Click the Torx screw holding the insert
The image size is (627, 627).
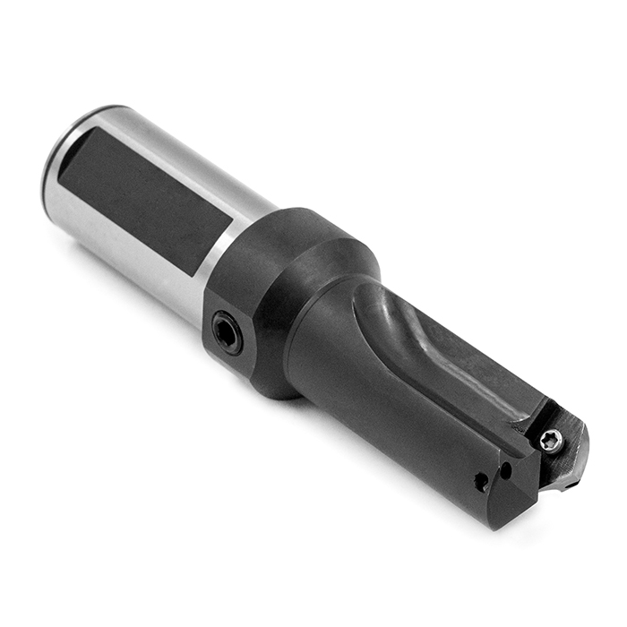tap(553, 439)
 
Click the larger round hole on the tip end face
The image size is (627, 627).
tap(482, 482)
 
